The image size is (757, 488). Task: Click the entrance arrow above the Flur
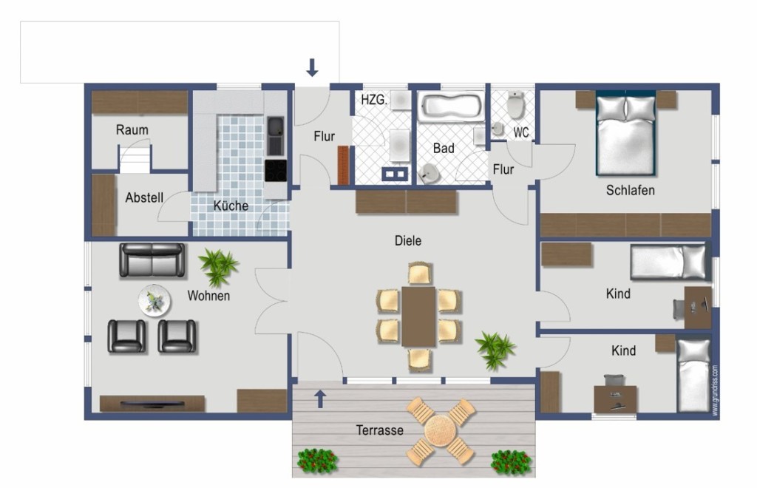pos(313,67)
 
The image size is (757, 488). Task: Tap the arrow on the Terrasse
pos(320,399)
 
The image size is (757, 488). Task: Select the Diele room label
pos(408,240)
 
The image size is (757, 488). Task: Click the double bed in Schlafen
pos(625,133)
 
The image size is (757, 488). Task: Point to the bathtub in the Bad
pos(451,106)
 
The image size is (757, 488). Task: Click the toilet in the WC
pos(515,105)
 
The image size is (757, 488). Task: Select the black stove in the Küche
pos(276,171)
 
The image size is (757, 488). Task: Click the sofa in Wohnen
pos(152,260)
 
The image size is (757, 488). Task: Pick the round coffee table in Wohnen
pos(155,301)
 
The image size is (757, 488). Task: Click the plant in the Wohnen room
pos(218,266)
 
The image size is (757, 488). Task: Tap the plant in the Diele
pos(495,350)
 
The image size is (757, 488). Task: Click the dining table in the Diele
pos(418,316)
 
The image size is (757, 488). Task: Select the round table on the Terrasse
pos(439,431)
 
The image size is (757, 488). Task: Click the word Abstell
pos(144,197)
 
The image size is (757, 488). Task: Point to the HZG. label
pos(374,100)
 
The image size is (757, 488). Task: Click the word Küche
pos(231,206)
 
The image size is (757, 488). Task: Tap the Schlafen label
pos(631,190)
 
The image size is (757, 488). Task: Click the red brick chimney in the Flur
pos(343,165)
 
